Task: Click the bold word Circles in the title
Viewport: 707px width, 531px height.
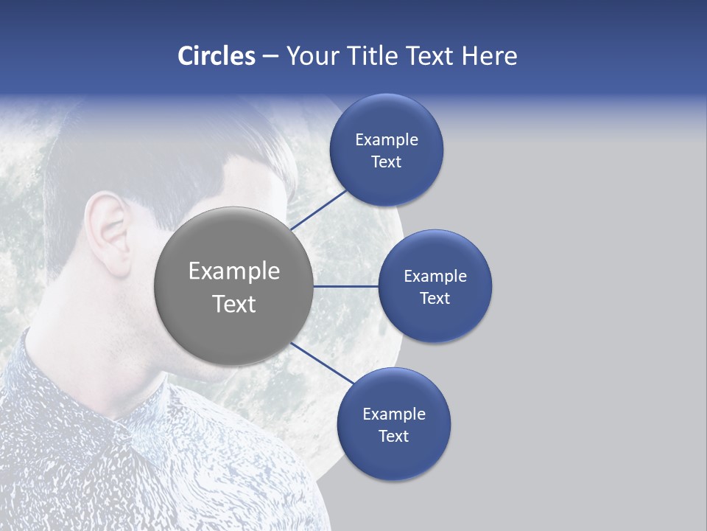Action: pos(216,56)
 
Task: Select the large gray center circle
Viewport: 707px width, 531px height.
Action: pos(234,286)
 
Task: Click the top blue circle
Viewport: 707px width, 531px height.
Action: pos(386,150)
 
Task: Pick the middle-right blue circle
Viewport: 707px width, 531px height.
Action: pos(435,286)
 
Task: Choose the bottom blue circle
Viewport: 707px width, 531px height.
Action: pos(393,424)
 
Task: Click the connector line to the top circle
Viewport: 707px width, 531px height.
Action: pos(320,210)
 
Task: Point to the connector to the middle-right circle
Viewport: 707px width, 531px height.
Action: pos(346,286)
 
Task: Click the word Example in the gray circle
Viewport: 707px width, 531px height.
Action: pos(234,271)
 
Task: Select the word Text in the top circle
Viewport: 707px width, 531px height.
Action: pos(386,162)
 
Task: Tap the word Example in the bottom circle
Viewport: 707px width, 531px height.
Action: pos(393,414)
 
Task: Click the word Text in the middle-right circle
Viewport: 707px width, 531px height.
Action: pos(435,298)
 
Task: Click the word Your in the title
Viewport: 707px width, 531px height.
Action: pos(309,56)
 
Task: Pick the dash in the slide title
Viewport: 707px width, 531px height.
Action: pos(270,57)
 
